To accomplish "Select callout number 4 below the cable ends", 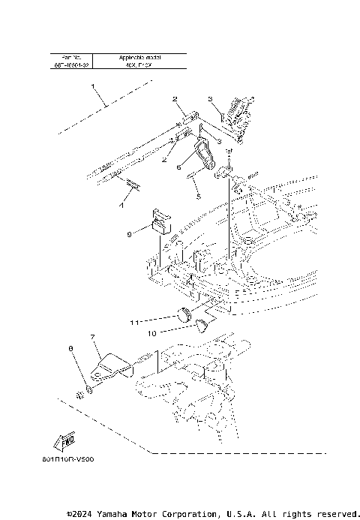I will pos(121,205).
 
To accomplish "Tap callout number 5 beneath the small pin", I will pos(198,197).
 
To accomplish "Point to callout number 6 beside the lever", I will pos(178,168).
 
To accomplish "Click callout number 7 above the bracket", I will pos(92,338).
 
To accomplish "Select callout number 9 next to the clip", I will pos(130,234).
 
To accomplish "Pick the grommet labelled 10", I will pos(203,324).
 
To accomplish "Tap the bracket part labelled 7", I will pos(111,365).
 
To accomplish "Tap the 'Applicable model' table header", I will pos(141,57).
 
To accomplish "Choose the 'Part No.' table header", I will pos(73,57).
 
